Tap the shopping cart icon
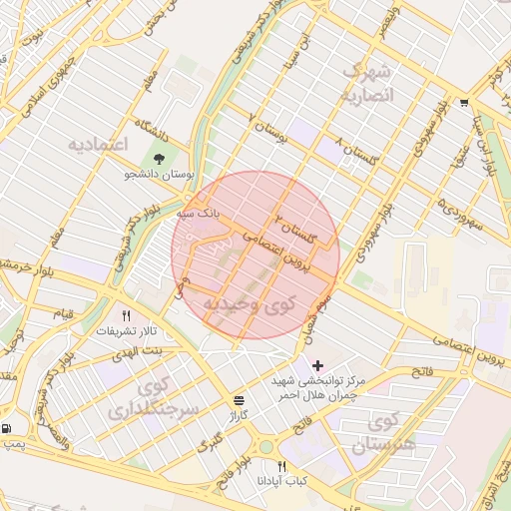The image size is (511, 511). [x=464, y=103]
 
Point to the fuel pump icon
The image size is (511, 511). [x=8, y=429]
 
